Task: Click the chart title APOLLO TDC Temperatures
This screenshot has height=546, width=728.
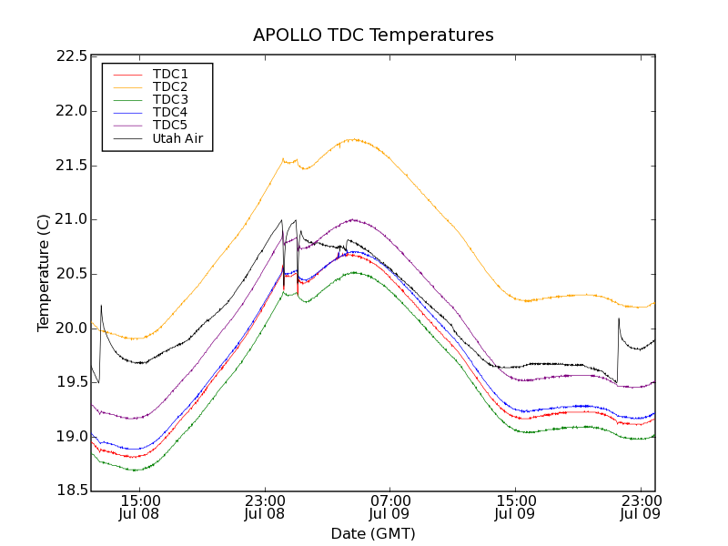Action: (x=373, y=35)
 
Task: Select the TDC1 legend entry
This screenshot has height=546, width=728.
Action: (x=170, y=74)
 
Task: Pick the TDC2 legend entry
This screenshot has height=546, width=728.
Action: (x=170, y=86)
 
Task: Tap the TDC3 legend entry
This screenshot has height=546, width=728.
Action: (x=170, y=99)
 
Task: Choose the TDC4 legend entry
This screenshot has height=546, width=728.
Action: (x=170, y=113)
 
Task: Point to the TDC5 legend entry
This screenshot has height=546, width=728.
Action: (x=170, y=126)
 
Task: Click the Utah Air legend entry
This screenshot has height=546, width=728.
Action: (x=177, y=139)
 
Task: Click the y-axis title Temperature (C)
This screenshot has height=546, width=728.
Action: (x=44, y=273)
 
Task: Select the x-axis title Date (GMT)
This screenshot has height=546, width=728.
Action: (x=373, y=533)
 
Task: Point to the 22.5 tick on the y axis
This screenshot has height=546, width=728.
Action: (x=71, y=56)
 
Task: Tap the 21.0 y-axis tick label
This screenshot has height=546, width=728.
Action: (x=71, y=219)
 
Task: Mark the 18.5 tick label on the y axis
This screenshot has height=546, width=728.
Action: (x=71, y=490)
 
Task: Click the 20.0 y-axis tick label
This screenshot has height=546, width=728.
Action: (x=71, y=328)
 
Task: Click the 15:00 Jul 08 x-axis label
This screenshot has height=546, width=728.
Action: (x=140, y=507)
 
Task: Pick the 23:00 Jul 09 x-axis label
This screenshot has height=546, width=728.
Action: (x=640, y=507)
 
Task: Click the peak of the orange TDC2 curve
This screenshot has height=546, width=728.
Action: (x=353, y=139)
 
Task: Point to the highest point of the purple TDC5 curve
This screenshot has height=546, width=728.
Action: (x=353, y=219)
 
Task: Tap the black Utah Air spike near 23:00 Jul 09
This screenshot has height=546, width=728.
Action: (x=619, y=318)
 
